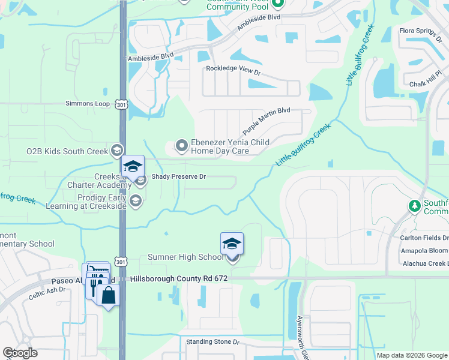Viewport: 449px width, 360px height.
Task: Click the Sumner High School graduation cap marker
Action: tap(232, 245)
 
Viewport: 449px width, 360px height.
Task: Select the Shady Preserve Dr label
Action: tap(178, 177)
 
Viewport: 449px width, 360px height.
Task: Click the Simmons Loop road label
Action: tap(88, 104)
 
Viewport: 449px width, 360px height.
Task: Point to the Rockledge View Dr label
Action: tap(234, 69)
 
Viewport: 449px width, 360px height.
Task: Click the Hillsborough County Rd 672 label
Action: tap(174, 279)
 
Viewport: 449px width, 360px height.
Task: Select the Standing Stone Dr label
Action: tap(212, 342)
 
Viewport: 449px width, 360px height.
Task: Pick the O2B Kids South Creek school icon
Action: tap(117, 151)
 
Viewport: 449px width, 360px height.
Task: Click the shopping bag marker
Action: tap(109, 296)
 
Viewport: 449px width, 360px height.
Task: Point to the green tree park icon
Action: tap(414, 206)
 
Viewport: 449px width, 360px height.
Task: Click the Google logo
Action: tap(20, 353)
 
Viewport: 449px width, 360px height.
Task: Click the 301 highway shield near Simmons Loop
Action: tap(122, 104)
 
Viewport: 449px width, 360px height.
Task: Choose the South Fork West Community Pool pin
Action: tap(277, 5)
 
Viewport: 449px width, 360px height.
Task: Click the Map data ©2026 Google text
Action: tap(412, 355)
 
